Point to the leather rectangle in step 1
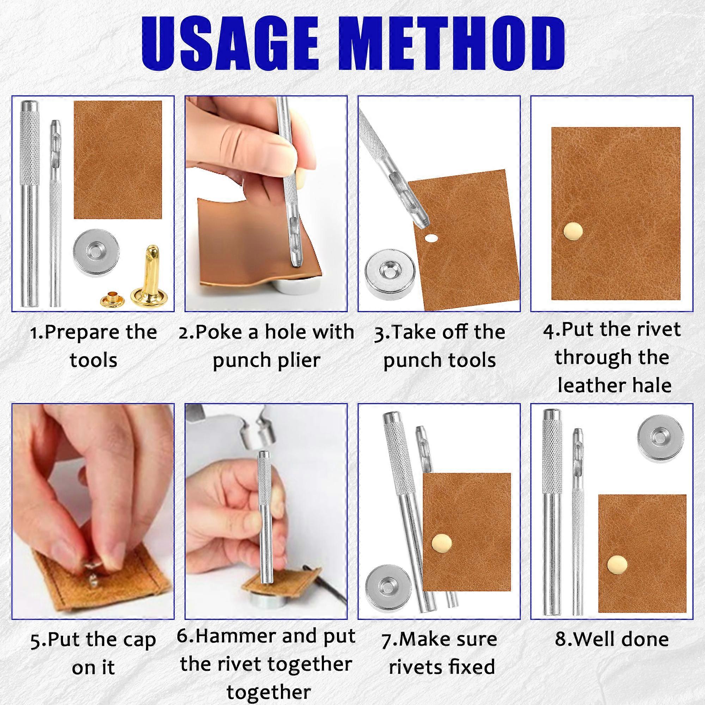click(117, 160)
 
